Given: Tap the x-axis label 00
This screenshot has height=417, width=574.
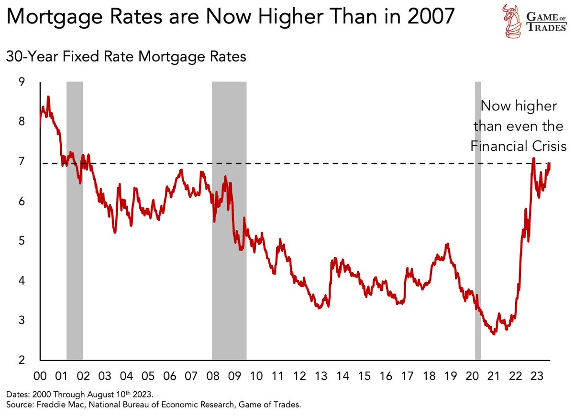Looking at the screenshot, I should pos(40,376).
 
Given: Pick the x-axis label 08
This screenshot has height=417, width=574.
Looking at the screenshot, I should pos(213,376).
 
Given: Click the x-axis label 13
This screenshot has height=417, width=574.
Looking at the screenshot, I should pos(320,376).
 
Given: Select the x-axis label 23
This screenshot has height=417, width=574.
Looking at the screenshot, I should pos(536,376).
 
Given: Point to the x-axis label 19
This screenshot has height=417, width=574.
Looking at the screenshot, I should pos(450,376).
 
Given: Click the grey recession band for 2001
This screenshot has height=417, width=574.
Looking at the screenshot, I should pos(74,220).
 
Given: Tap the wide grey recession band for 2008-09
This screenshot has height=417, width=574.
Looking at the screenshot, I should pos(229,220).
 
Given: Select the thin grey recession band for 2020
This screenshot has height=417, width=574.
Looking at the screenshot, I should pos(477,220).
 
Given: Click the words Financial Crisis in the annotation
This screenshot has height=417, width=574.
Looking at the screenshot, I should pos(519,146).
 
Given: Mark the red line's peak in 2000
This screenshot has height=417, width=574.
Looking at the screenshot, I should pos(48,97).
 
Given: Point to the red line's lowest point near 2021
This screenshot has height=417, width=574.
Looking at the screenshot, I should pos(493,333).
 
